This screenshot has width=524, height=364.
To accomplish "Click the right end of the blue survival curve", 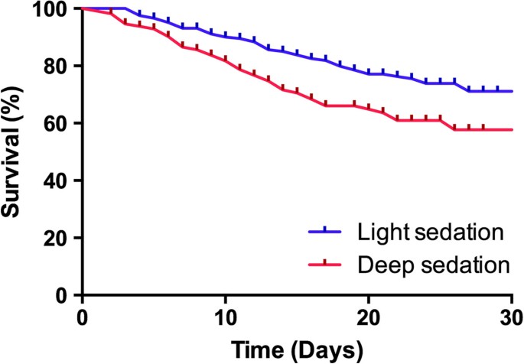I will (x=511, y=91).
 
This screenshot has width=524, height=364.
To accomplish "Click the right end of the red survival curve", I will (x=511, y=129).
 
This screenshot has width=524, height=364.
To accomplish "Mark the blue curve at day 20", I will (x=368, y=73).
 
